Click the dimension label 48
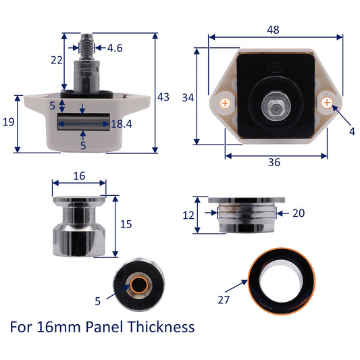pyautogui.click(x=274, y=30)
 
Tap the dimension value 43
pyautogui.click(x=163, y=97)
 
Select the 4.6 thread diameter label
pyautogui.click(x=115, y=48)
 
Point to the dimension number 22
pyautogui.click(x=57, y=60)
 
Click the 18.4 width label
pyautogui.click(x=122, y=124)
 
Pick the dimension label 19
pyautogui.click(x=9, y=122)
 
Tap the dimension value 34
pyautogui.click(x=188, y=98)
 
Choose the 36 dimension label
pyautogui.click(x=274, y=162)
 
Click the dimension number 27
pyautogui.click(x=224, y=300)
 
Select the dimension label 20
pyautogui.click(x=299, y=213)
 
